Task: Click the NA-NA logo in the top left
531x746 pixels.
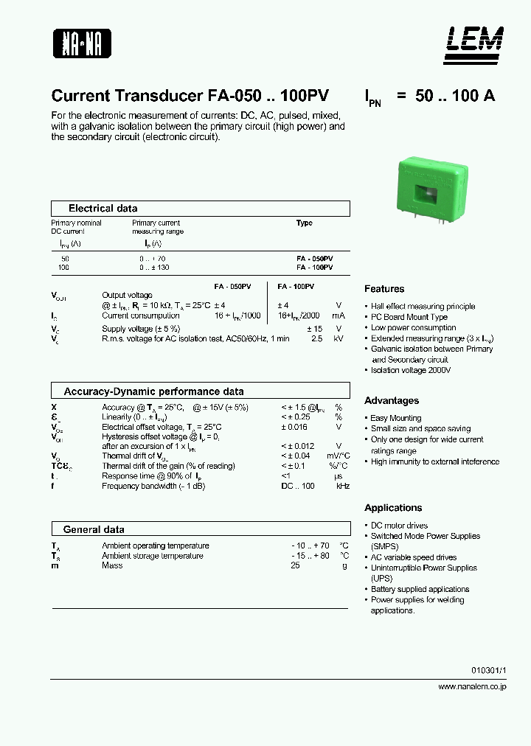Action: coord(81,43)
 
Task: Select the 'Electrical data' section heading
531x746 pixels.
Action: coord(103,209)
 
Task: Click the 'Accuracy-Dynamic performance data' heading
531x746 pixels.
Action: coord(153,391)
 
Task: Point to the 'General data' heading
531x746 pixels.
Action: coord(94,529)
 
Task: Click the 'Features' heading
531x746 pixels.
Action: coord(384,289)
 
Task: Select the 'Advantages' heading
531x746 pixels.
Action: coord(392,400)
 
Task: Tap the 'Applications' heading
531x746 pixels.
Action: coord(393,508)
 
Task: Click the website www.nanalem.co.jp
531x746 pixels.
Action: coord(472,686)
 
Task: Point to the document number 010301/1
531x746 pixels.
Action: coord(489,671)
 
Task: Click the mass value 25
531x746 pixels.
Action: coord(295,565)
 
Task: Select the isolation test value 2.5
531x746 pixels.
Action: coord(317,338)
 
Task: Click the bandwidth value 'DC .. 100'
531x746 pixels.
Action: coord(297,486)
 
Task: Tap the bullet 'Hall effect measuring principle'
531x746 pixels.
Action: coord(423,307)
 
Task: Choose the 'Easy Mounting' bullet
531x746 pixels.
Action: coord(396,418)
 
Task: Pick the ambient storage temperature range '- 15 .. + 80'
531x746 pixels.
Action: coord(310,556)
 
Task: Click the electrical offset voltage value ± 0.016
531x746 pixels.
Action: coord(294,427)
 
